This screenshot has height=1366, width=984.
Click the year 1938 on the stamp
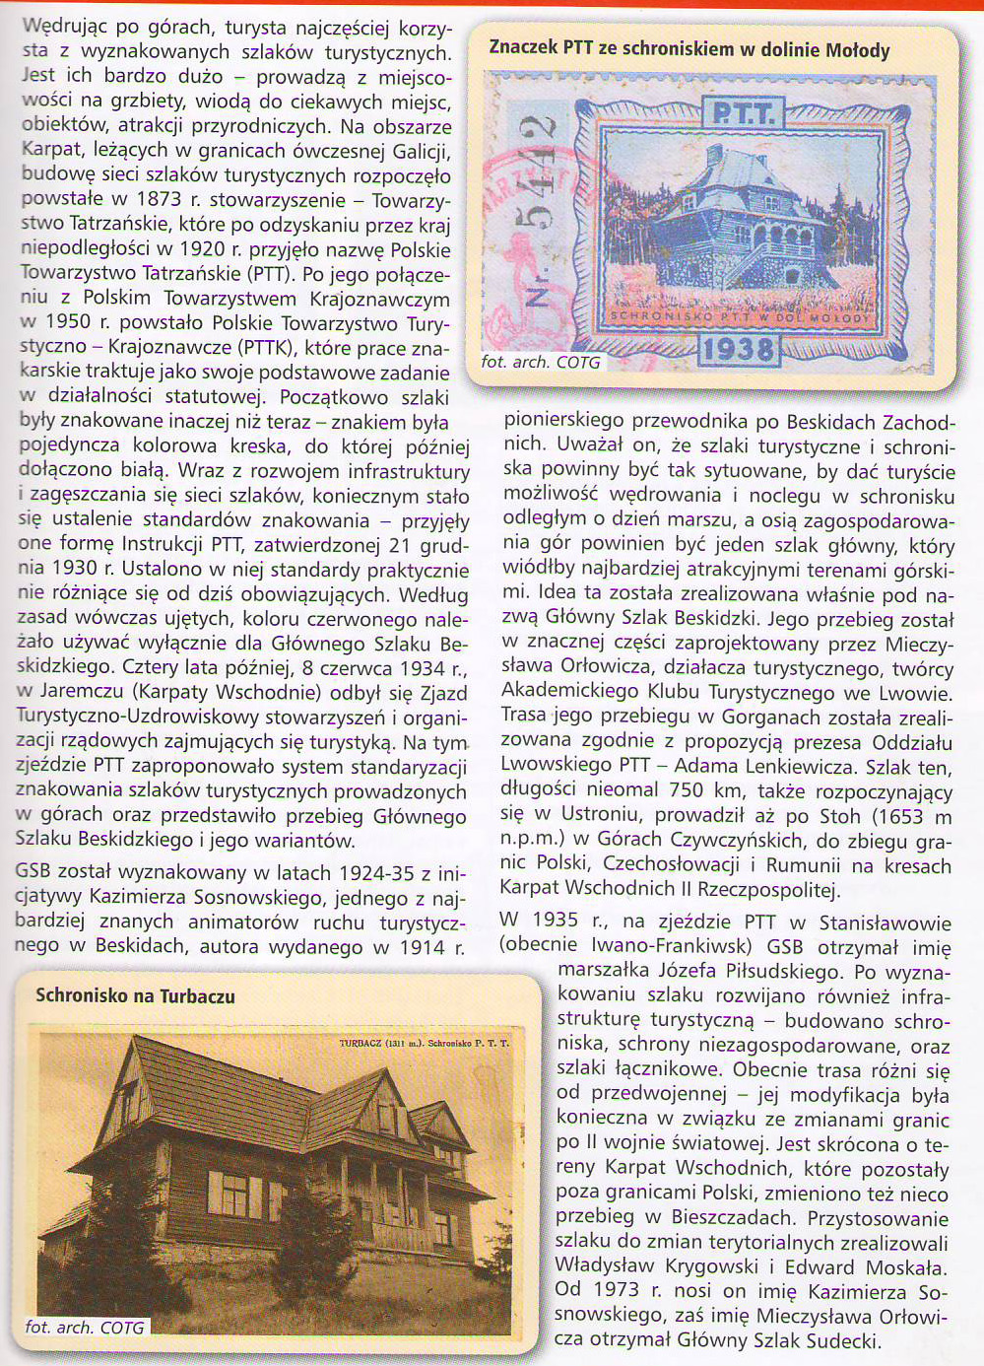(x=738, y=348)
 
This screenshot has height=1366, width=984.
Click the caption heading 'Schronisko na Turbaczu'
(x=135, y=995)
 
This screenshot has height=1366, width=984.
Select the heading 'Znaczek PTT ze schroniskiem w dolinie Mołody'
(x=689, y=49)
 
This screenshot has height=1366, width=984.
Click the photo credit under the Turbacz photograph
(x=85, y=1327)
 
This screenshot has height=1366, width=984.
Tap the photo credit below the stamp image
(x=540, y=362)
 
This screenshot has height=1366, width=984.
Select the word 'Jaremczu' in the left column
(x=80, y=693)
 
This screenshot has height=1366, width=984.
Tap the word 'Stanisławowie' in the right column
(x=885, y=922)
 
